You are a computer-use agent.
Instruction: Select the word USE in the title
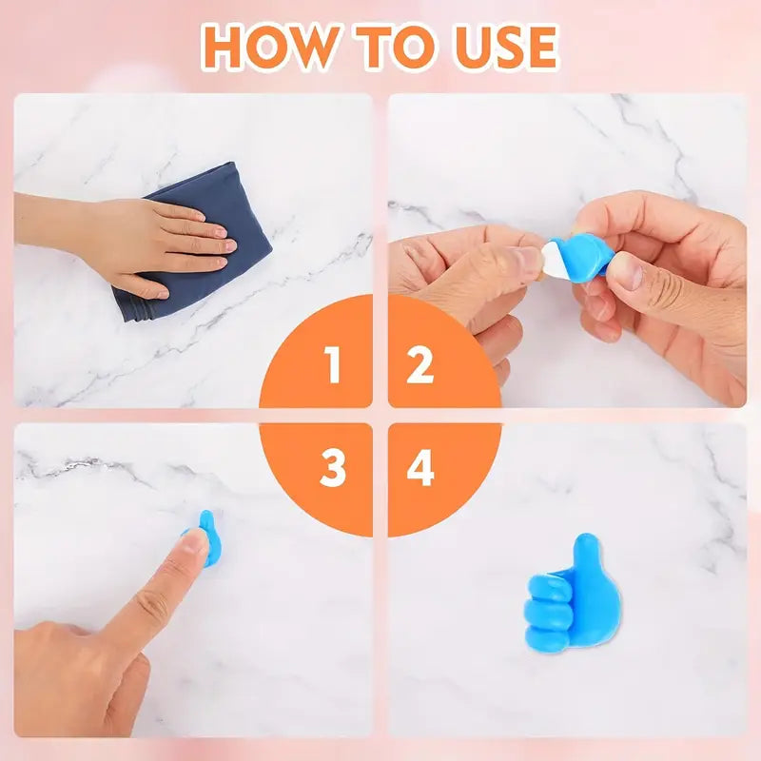(505, 47)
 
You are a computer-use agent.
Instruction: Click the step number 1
(332, 364)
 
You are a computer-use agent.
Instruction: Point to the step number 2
(420, 364)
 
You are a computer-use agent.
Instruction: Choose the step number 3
(333, 468)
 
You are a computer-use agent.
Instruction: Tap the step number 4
(420, 468)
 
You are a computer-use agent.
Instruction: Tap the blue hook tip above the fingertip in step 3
(206, 518)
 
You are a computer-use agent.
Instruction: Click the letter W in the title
(316, 47)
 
